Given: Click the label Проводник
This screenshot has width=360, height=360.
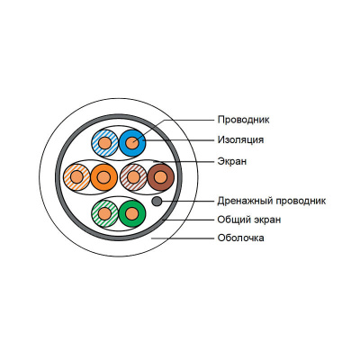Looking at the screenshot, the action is click(x=243, y=120).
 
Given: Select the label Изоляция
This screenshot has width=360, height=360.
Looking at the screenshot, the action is click(x=240, y=139).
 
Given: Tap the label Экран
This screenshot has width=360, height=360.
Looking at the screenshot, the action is click(x=232, y=161).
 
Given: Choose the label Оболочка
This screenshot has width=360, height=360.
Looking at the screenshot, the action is click(x=241, y=238).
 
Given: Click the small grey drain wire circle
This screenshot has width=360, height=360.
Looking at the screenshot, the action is click(x=157, y=202).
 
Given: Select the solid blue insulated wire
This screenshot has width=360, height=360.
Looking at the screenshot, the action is click(x=132, y=143).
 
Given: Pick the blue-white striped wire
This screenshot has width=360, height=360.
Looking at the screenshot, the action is click(x=104, y=143).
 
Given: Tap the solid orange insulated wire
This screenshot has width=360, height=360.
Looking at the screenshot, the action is click(x=103, y=177).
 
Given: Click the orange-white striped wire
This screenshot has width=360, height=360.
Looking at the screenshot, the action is click(x=76, y=177).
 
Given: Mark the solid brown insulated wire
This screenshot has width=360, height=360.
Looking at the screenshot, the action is click(x=161, y=177).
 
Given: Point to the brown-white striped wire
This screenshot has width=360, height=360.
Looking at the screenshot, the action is click(x=133, y=177).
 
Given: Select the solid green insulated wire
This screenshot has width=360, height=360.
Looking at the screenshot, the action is click(x=132, y=213).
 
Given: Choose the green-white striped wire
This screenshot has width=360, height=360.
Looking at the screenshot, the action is click(x=104, y=213).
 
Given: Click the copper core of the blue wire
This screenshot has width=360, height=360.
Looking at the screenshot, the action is click(x=132, y=143).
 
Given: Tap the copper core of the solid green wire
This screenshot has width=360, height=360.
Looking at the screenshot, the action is click(x=132, y=213).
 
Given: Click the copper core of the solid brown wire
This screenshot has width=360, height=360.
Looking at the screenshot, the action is click(x=161, y=177).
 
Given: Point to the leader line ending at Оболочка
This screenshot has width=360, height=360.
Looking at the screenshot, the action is click(x=183, y=238).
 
